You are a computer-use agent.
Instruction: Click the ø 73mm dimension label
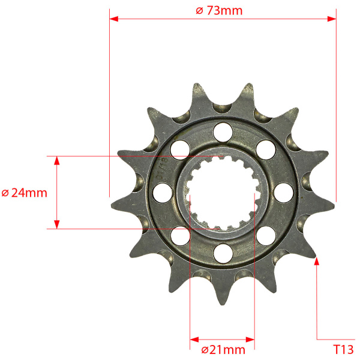click(219, 11)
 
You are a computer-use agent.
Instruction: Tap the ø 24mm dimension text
click(25, 193)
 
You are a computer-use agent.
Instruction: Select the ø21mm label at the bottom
click(223, 350)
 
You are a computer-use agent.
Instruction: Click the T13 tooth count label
click(343, 350)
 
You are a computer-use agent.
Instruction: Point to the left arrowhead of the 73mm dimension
click(114, 19)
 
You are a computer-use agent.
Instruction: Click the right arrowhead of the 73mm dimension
click(332, 19)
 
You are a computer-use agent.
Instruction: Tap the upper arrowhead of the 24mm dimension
click(57, 160)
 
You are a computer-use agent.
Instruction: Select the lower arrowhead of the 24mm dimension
click(57, 224)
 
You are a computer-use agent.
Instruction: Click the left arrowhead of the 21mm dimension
click(194, 340)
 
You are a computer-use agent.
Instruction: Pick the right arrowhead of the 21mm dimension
click(250, 340)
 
